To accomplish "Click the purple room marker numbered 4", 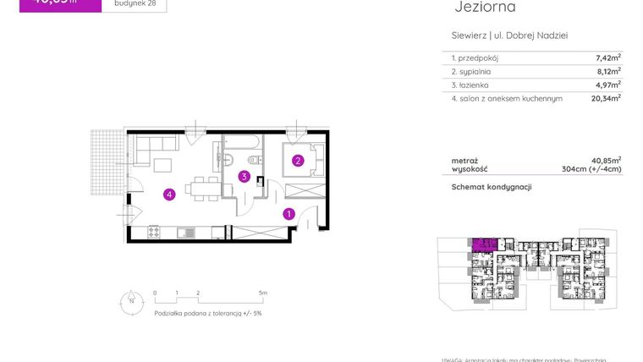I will click(x=169, y=195).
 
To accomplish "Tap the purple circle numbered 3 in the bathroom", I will click(x=244, y=177).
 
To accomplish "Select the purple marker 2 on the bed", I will click(x=298, y=160).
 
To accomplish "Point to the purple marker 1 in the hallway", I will click(x=289, y=214).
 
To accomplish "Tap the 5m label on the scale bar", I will click(x=263, y=293).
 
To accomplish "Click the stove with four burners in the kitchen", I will click(x=155, y=232).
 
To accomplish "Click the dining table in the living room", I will click(x=201, y=187).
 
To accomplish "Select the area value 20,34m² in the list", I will click(x=606, y=98).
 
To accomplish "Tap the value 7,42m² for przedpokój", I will click(x=608, y=58).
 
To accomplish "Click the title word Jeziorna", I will click(x=485, y=8).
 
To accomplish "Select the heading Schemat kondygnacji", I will click(x=491, y=187).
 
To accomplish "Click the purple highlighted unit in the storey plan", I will click(x=482, y=245).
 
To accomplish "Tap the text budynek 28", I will click(x=134, y=3).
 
